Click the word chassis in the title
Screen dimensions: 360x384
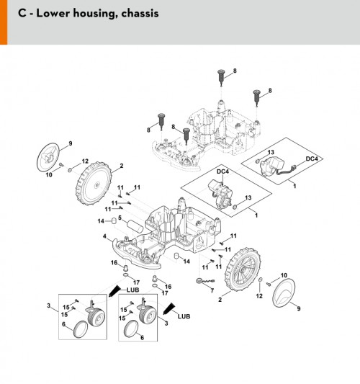pyautogui.click(x=140, y=13)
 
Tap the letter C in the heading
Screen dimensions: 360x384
pyautogui.click(x=22, y=13)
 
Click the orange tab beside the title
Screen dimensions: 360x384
pyautogui.click(x=4, y=22)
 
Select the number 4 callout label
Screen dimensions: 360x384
pyautogui.click(x=104, y=236)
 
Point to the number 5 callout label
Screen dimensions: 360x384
pyautogui.click(x=120, y=218)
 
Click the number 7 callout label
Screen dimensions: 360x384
pyautogui.click(x=212, y=290)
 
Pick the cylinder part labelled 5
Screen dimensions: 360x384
pyautogui.click(x=135, y=226)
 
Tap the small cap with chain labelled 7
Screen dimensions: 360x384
pyautogui.click(x=205, y=281)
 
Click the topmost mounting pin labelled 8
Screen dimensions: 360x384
pyautogui.click(x=221, y=78)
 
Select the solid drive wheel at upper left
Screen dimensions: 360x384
pyautogui.click(x=94, y=183)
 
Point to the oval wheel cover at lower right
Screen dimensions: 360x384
pyautogui.click(x=284, y=293)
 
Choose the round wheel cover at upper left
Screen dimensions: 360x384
pyautogui.click(x=48, y=157)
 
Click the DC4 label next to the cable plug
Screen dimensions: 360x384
pyautogui.click(x=312, y=158)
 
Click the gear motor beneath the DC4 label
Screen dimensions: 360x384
pyautogui.click(x=220, y=194)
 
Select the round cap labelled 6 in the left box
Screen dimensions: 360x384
pyautogui.click(x=81, y=329)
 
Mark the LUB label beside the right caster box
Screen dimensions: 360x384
pyautogui.click(x=184, y=316)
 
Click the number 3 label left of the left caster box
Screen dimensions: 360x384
pyautogui.click(x=48, y=305)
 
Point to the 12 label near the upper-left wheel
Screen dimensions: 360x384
pyautogui.click(x=85, y=161)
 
